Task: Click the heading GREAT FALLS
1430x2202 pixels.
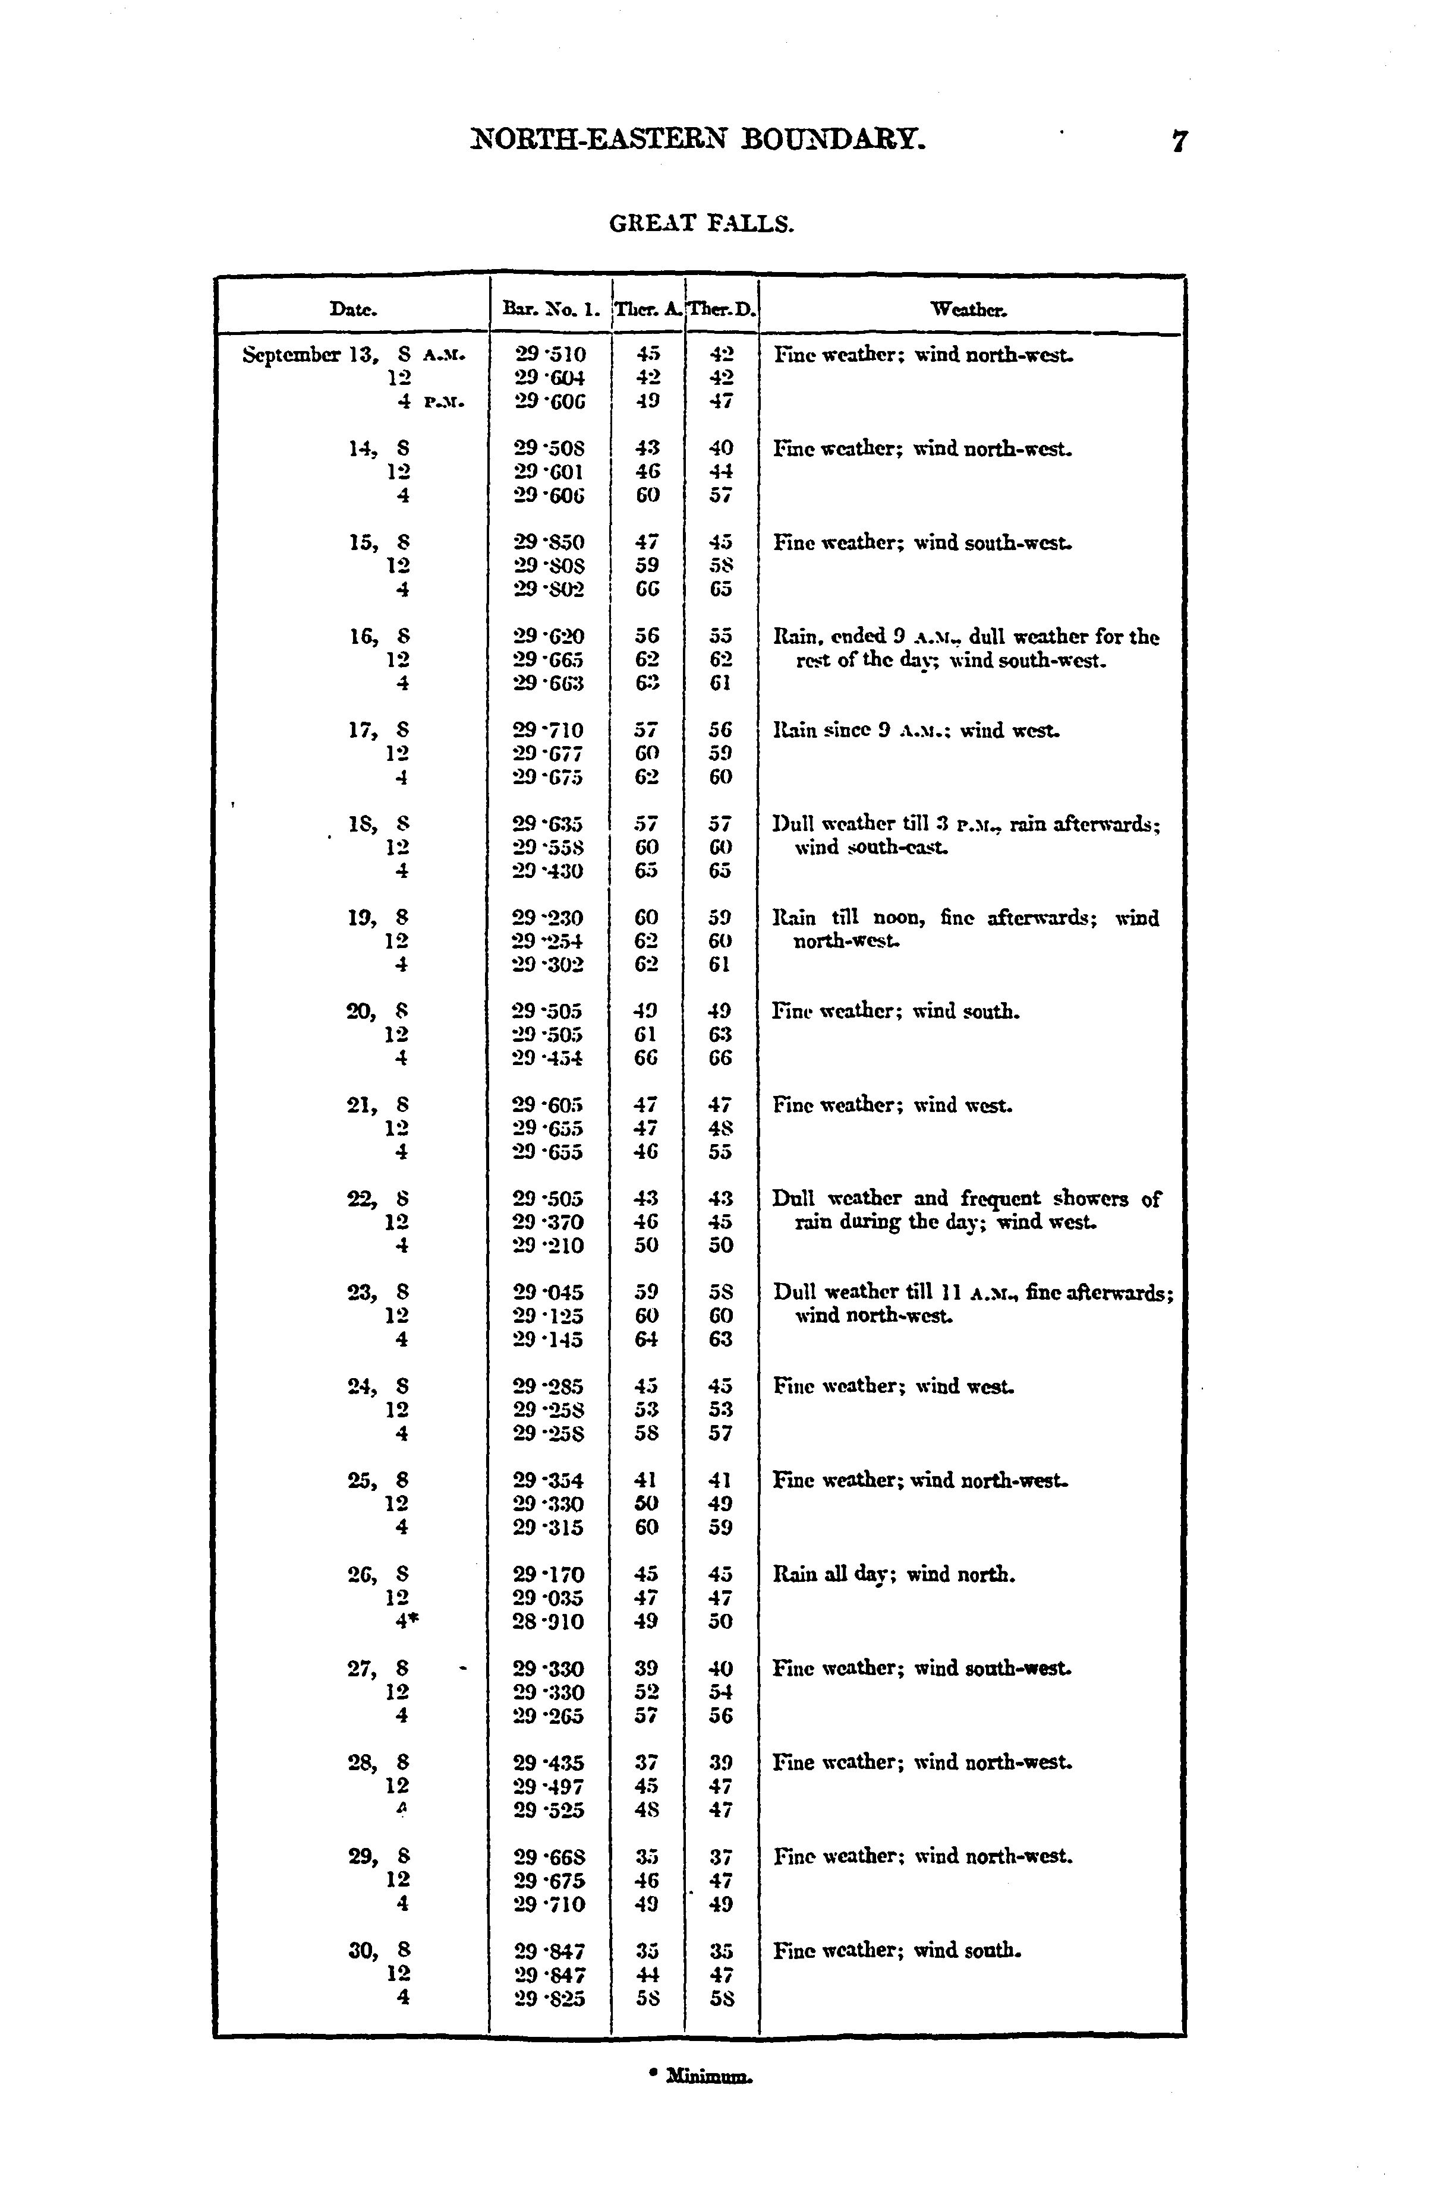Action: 701,224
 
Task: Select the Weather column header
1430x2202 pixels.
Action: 969,310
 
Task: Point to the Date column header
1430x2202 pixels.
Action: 352,310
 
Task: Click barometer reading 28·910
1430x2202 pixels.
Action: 549,1621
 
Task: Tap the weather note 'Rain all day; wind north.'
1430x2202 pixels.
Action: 893,1574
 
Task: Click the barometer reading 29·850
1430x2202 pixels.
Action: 549,542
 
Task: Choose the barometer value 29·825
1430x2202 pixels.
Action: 549,1998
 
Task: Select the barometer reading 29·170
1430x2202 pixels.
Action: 549,1574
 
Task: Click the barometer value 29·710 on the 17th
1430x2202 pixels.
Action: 549,731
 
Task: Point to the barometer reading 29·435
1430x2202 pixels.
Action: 549,1762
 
